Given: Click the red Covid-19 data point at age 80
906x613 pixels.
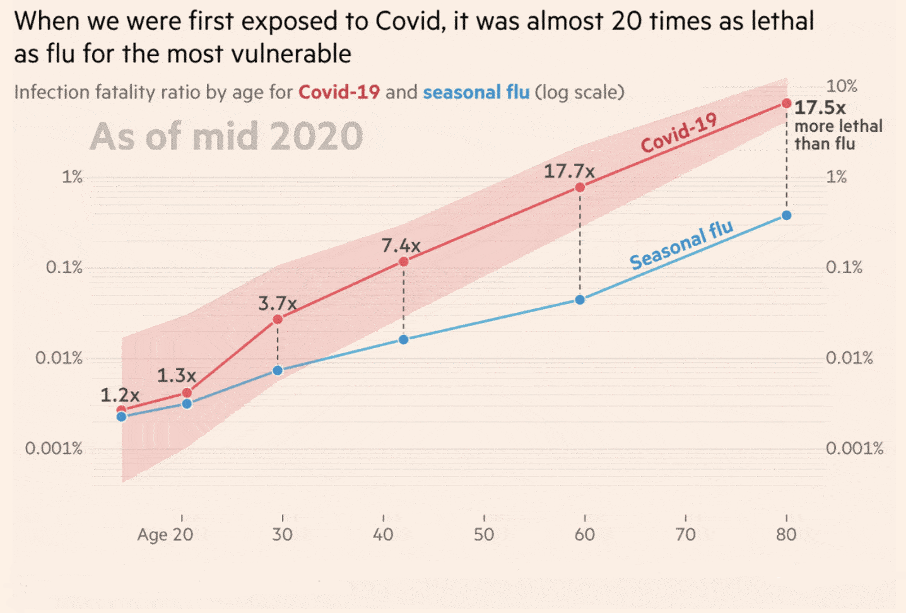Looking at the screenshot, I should click(x=786, y=103).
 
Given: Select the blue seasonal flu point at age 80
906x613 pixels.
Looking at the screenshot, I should click(x=786, y=216).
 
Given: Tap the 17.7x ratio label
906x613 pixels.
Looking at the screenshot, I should click(x=569, y=172).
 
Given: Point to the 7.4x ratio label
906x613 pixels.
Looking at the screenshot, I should click(x=401, y=245).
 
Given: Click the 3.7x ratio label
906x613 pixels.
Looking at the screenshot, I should click(x=277, y=304).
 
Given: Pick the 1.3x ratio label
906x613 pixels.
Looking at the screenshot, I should click(x=176, y=376).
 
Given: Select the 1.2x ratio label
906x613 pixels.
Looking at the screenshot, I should click(x=119, y=395).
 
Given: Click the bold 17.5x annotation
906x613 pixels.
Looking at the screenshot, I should click(x=820, y=108).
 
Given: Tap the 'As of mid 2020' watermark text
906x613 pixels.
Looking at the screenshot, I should click(x=226, y=137).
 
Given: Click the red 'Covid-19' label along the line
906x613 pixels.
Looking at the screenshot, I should click(x=679, y=132).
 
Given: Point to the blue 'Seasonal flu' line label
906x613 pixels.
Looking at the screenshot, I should click(x=681, y=245).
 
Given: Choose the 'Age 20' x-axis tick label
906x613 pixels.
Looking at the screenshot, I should click(x=165, y=535).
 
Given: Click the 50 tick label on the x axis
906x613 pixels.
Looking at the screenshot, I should click(x=484, y=535).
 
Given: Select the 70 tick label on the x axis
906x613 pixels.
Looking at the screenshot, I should click(x=685, y=535).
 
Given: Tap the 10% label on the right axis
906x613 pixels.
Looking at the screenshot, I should click(x=842, y=86).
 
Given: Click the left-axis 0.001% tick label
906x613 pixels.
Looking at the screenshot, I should click(x=54, y=449).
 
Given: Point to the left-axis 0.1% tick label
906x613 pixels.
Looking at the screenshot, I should click(x=64, y=267).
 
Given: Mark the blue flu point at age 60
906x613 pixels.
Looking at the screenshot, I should click(x=580, y=300).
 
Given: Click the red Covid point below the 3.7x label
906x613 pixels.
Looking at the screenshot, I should click(x=278, y=320).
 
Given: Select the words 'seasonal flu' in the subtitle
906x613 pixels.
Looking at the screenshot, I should click(x=476, y=93).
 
